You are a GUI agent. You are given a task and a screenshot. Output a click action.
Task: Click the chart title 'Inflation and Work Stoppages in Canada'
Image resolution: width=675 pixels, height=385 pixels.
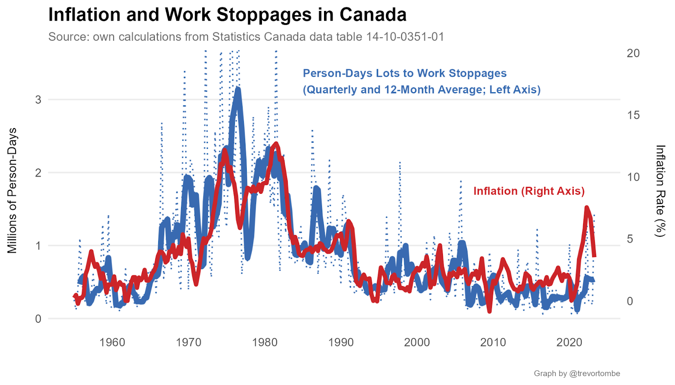[x=227, y=15]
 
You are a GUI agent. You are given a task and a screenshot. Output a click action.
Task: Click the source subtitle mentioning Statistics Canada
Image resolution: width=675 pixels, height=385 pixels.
[x=246, y=37]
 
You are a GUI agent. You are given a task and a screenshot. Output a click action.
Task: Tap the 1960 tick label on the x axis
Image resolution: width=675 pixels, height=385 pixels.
[x=112, y=342]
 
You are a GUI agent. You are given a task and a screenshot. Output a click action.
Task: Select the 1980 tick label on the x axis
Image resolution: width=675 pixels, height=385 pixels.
[x=265, y=342]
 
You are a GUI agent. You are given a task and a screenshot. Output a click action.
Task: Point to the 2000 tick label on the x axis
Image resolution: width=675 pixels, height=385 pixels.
[x=417, y=342]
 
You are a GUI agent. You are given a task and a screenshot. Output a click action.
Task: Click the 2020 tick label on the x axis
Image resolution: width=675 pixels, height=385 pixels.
[x=569, y=342]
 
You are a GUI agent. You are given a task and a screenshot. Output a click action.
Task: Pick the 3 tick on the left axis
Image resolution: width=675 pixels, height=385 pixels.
[x=38, y=100]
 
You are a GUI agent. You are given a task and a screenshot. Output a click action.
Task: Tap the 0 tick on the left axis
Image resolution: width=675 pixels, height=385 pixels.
[x=38, y=319]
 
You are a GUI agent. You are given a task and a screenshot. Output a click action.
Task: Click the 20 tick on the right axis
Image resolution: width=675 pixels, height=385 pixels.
[x=633, y=53]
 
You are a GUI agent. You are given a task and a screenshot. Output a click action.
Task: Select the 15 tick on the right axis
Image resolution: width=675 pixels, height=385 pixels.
[x=633, y=115]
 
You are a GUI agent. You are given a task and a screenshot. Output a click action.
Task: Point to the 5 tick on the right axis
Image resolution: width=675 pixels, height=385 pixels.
[x=630, y=239]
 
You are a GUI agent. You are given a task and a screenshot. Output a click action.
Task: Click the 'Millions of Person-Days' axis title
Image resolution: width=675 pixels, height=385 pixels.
[x=13, y=190]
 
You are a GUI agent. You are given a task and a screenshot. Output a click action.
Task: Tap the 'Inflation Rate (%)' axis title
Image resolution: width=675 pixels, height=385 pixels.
[x=660, y=191]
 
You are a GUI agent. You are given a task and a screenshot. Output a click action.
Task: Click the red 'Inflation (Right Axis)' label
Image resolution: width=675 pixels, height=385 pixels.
[x=529, y=191]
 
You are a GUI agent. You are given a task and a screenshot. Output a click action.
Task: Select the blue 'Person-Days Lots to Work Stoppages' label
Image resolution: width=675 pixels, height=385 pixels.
[x=405, y=73]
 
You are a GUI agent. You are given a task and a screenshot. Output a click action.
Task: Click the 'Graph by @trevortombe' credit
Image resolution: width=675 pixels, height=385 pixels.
[x=577, y=374]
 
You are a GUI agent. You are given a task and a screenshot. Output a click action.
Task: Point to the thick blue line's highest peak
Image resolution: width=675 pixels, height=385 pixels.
[x=238, y=89]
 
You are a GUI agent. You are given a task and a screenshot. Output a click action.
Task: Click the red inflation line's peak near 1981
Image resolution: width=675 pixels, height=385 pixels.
[x=276, y=144]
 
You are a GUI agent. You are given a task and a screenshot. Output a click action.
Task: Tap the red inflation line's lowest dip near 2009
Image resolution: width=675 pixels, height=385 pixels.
[x=489, y=311]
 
